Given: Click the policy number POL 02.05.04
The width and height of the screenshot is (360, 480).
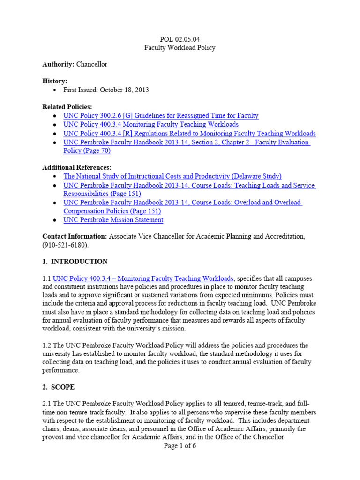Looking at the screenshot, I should (x=180, y=39).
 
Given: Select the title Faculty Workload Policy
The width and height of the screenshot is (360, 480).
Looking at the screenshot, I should (x=180, y=48).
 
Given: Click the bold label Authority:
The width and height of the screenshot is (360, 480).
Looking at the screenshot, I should (x=58, y=64).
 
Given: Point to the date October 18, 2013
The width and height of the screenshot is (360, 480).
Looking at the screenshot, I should (x=124, y=90).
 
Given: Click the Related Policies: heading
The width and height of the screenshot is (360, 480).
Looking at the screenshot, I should (x=67, y=106).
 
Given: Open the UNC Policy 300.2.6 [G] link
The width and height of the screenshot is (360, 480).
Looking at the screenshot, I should (x=161, y=115).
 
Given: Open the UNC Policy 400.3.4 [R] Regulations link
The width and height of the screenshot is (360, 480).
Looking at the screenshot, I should (x=189, y=133).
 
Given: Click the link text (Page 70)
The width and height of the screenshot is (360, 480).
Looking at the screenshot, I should (x=87, y=150).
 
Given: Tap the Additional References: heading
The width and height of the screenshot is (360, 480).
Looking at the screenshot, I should (x=77, y=167).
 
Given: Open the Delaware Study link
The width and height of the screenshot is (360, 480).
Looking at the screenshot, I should (x=172, y=176).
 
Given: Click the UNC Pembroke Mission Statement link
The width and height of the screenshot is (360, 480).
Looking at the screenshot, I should (x=113, y=219).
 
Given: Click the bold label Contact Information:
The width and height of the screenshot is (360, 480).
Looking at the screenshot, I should (x=75, y=236).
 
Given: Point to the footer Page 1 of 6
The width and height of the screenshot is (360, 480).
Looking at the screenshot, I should (x=180, y=446).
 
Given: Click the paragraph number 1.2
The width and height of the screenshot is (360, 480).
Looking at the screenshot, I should (x=47, y=345).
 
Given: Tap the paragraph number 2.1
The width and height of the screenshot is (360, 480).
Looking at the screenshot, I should (x=47, y=404).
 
